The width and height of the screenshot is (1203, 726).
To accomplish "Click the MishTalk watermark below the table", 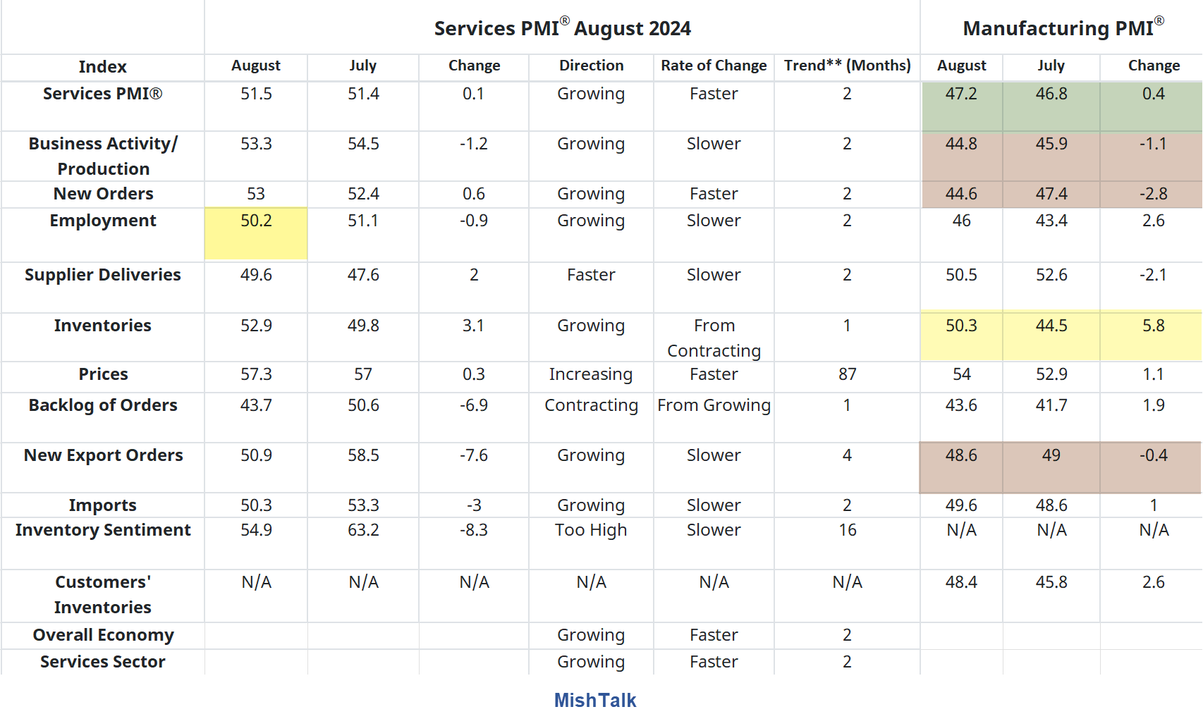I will click(x=594, y=700).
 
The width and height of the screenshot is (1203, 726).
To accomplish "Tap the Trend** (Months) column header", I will click(x=847, y=66).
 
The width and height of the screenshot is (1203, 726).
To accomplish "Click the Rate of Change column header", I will click(x=714, y=66).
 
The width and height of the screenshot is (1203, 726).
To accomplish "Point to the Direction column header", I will click(x=591, y=66).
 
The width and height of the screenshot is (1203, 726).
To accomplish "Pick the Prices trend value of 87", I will click(x=847, y=374).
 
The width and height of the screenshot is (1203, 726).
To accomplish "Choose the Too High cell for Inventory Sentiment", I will click(x=591, y=530).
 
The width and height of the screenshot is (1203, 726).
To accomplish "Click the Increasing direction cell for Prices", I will click(x=591, y=374).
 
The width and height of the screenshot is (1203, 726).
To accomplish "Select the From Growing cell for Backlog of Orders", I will click(x=714, y=405).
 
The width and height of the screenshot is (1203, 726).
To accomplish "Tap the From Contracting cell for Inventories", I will click(x=714, y=338).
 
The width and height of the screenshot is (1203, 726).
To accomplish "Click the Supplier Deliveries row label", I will click(x=103, y=275).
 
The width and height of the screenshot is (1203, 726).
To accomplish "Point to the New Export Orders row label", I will click(x=103, y=455).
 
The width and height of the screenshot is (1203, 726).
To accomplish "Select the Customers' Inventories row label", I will click(x=103, y=595).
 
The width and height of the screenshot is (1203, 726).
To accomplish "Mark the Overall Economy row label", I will click(x=103, y=635).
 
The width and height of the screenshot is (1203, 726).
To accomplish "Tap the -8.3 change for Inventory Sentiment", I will click(x=474, y=530).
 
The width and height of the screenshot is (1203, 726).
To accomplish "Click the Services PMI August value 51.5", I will click(x=256, y=94).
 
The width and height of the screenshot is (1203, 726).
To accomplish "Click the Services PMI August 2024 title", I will click(x=562, y=28).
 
